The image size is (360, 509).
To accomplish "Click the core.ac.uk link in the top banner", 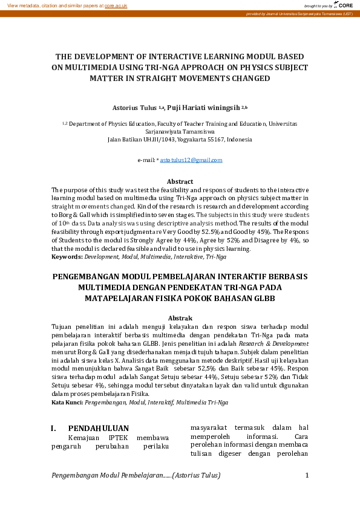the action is (x=116, y=5).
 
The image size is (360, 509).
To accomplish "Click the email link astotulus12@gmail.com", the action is (x=191, y=160).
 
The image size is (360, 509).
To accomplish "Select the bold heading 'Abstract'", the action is (x=180, y=181).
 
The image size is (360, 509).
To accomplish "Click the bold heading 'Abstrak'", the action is (x=180, y=318).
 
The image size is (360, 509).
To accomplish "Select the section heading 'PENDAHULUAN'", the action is (x=98, y=429).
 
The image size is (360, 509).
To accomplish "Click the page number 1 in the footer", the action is (x=307, y=475).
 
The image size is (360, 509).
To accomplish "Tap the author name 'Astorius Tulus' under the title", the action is (x=134, y=108).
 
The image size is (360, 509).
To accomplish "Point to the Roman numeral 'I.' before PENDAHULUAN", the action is (x=54, y=429).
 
